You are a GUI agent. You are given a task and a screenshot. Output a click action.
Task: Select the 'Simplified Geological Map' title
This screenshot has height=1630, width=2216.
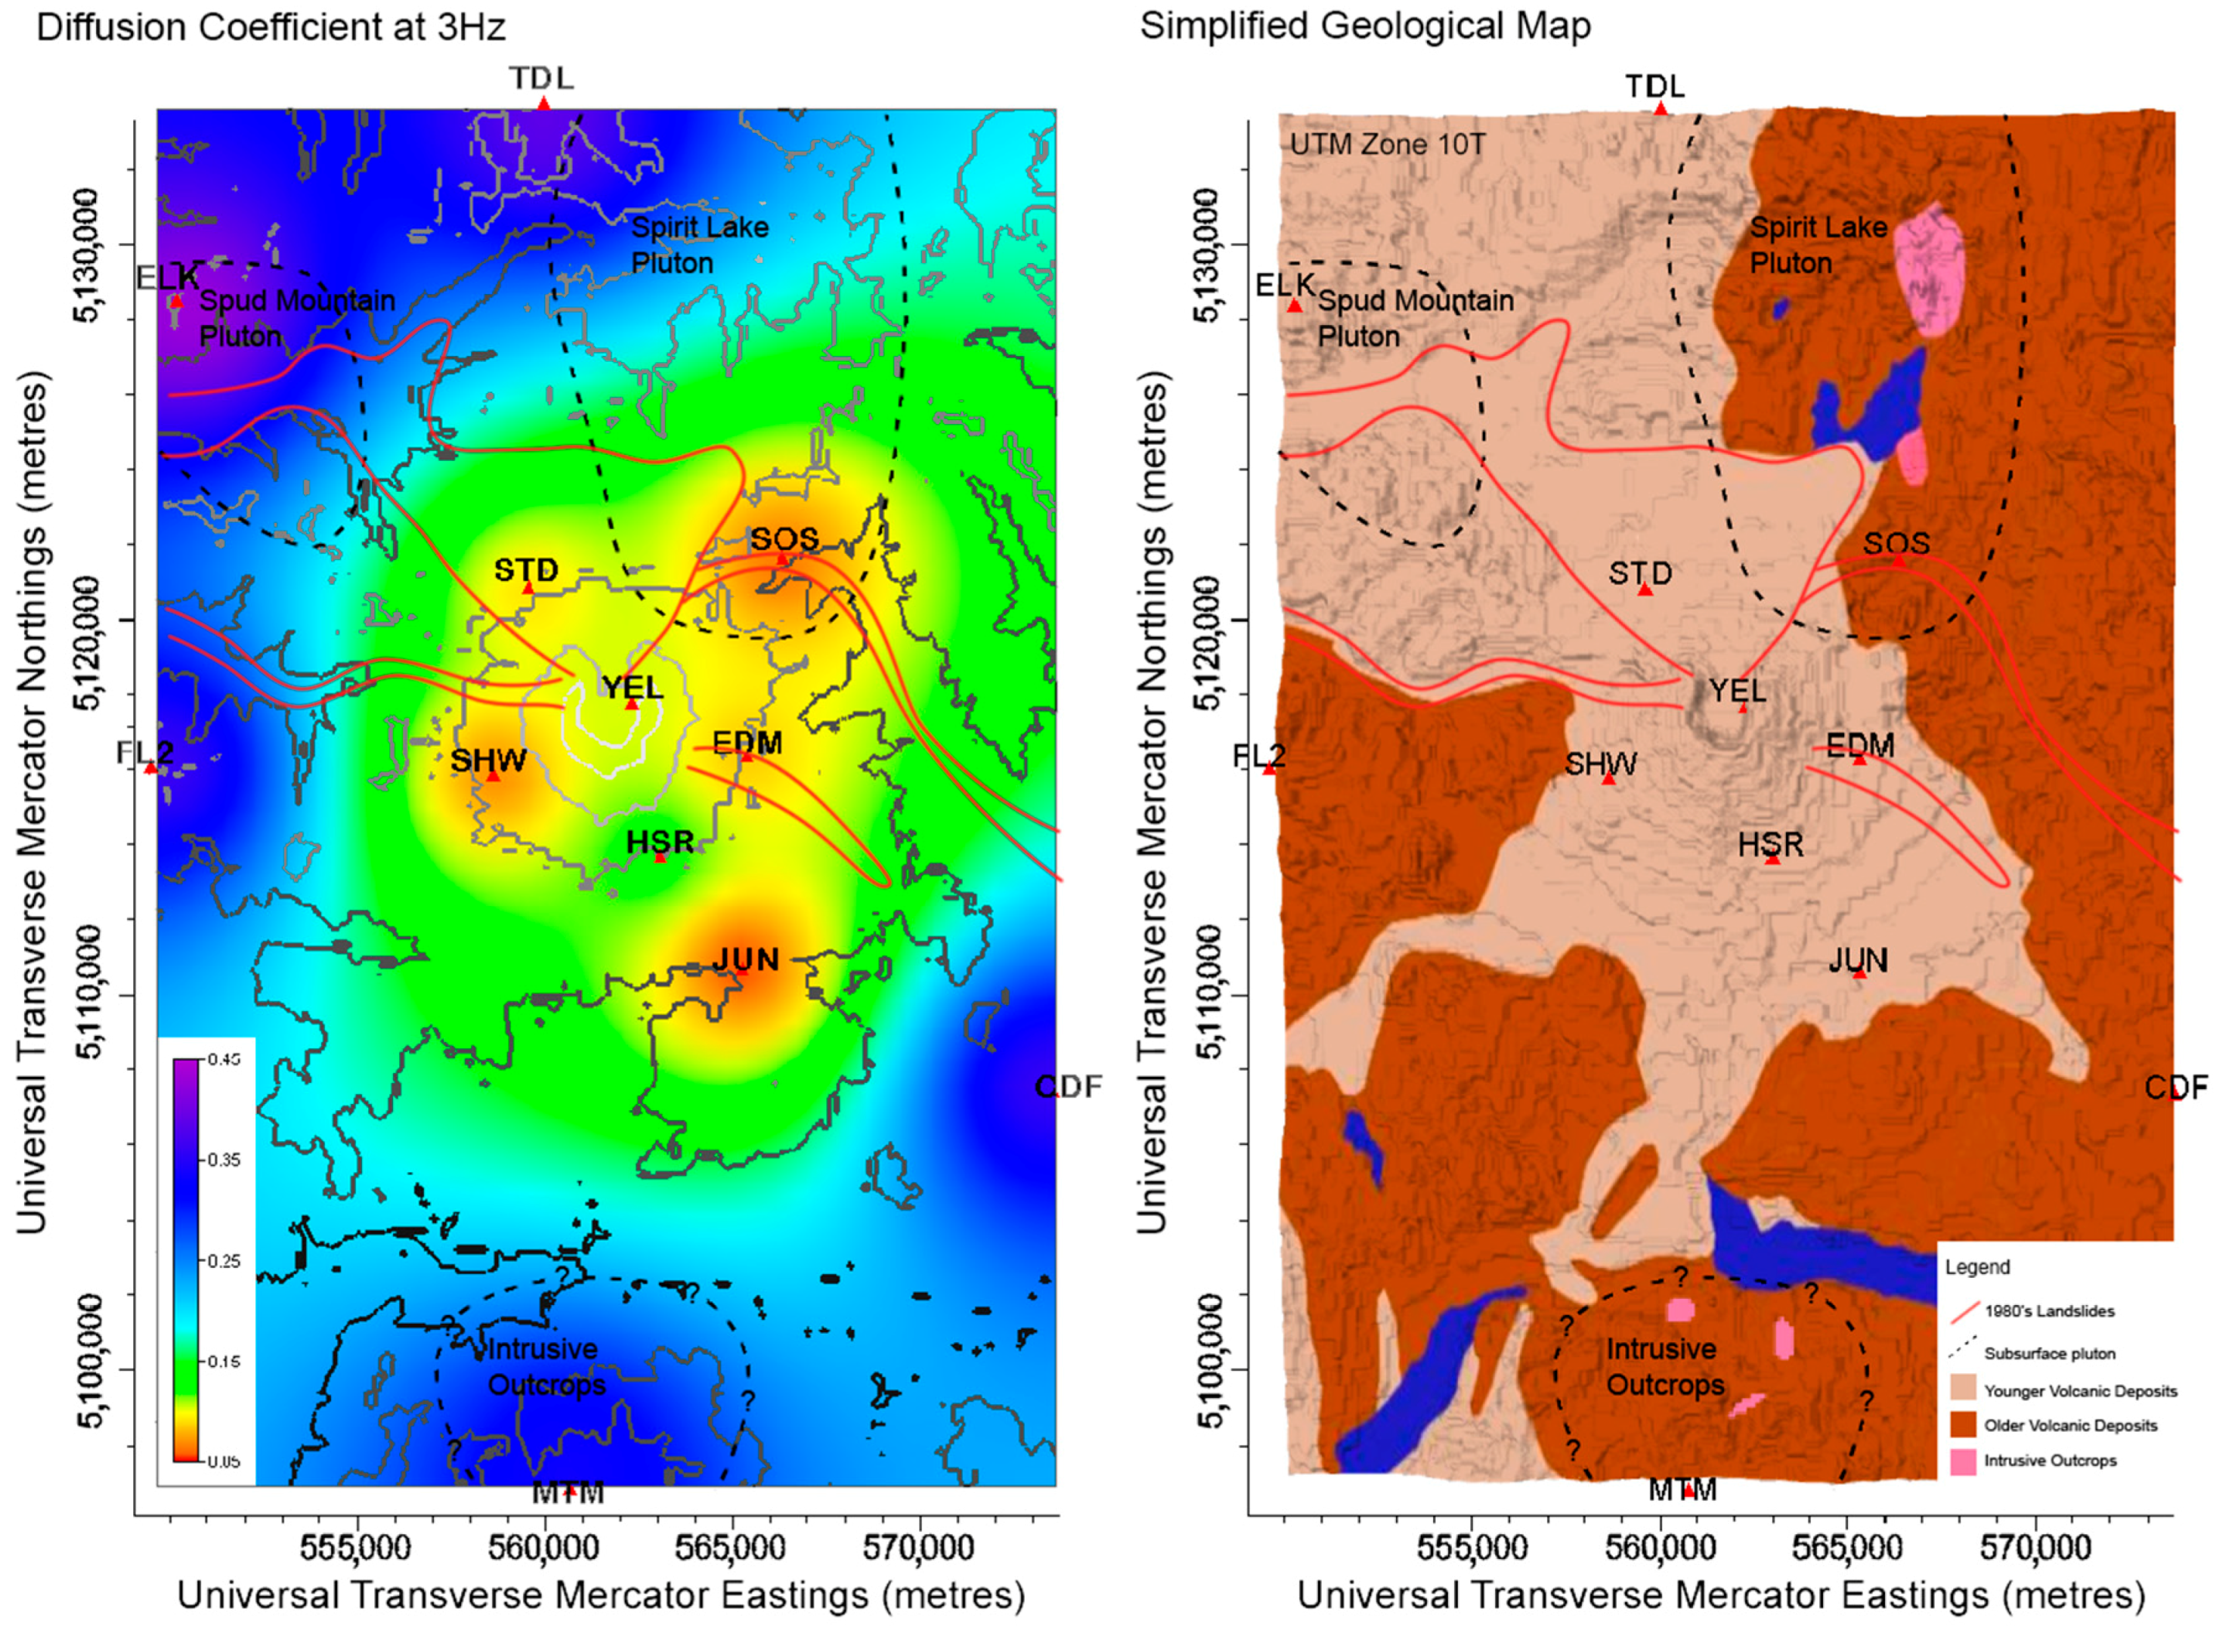point(1364,26)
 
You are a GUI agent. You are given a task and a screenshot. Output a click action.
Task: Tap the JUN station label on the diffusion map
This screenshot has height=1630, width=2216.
point(746,959)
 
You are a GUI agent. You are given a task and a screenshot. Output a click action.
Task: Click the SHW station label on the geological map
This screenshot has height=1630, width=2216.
point(1600,763)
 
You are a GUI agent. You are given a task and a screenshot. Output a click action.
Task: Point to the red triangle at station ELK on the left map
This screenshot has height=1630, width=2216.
point(176,302)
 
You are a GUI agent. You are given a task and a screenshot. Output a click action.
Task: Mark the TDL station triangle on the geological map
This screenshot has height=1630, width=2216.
point(1661,108)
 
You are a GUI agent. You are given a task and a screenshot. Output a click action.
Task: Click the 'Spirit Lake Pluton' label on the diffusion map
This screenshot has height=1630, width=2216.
point(699,244)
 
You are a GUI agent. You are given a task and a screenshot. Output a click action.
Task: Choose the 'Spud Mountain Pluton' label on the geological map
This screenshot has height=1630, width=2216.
point(1415,318)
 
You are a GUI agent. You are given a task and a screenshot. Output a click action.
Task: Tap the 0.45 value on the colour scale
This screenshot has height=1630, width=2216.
point(224,1060)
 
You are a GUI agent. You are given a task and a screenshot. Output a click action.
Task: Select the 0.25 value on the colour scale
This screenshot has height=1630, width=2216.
point(224,1261)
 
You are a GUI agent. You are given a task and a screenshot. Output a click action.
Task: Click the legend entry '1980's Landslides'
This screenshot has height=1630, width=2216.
point(2049,1311)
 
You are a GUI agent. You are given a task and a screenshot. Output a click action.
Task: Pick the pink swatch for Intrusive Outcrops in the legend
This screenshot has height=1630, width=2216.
point(1962,1461)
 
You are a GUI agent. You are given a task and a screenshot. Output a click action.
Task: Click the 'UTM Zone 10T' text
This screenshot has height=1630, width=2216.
point(1387,145)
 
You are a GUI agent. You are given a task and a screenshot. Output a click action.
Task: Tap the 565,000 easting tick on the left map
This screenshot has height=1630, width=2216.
point(731,1547)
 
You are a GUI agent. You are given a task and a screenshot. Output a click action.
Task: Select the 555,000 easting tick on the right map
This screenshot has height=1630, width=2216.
point(1472,1547)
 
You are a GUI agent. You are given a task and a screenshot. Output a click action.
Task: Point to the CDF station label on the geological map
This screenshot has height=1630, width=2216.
point(2176,1088)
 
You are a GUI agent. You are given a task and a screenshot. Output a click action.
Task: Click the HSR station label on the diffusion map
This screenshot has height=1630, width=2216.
point(660,842)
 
